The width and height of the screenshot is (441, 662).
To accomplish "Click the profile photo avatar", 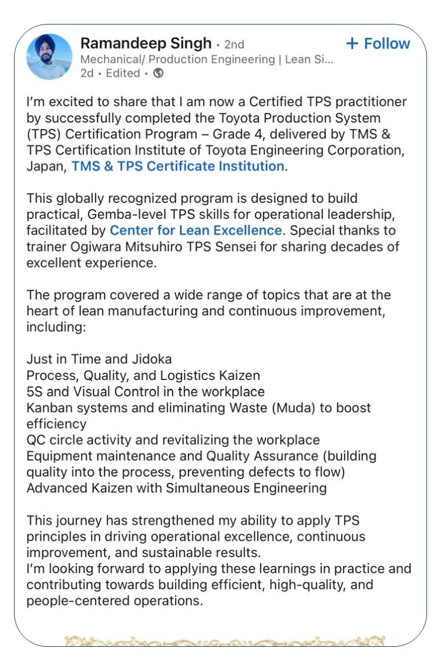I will [x=50, y=57].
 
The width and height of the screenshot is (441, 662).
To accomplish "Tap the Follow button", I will [x=378, y=44].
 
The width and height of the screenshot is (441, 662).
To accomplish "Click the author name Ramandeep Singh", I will [x=146, y=43].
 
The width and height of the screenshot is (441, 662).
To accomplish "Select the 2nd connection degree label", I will [x=234, y=44].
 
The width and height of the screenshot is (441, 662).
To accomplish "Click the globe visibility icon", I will [x=158, y=74].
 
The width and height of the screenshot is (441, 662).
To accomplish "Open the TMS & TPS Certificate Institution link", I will [x=177, y=166].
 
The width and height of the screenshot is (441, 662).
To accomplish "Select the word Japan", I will [x=45, y=166].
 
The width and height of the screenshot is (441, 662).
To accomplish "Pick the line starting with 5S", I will [x=145, y=391].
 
